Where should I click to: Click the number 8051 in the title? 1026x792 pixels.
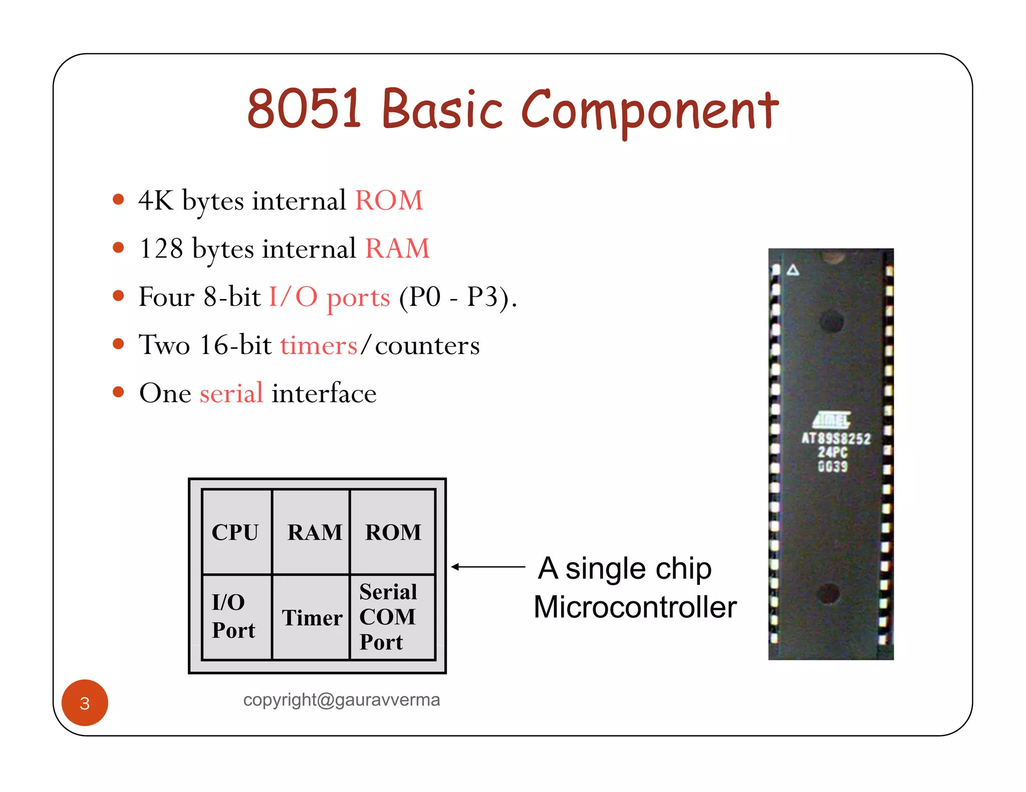[x=304, y=108]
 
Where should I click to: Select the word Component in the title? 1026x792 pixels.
[x=650, y=111]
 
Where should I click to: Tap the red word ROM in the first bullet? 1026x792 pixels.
[x=389, y=201]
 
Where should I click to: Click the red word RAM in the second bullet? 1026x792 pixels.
[x=397, y=249]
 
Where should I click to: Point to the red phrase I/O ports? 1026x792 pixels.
[x=329, y=297]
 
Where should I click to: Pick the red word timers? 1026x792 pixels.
[x=319, y=345]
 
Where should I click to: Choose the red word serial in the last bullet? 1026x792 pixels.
[x=231, y=393]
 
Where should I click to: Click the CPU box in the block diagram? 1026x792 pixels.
[x=235, y=532]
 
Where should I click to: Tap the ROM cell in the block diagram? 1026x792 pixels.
[x=393, y=532]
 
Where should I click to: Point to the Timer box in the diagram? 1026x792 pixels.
[x=312, y=618]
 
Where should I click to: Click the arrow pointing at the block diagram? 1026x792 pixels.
[x=488, y=567]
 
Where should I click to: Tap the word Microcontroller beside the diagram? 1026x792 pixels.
[x=635, y=607]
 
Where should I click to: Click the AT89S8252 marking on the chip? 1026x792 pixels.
[x=836, y=439]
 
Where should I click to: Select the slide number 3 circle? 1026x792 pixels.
[x=85, y=703]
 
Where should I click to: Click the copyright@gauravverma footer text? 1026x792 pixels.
[x=341, y=700]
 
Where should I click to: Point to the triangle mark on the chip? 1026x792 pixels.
[x=793, y=270]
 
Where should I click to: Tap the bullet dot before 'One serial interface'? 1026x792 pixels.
[x=118, y=391]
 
